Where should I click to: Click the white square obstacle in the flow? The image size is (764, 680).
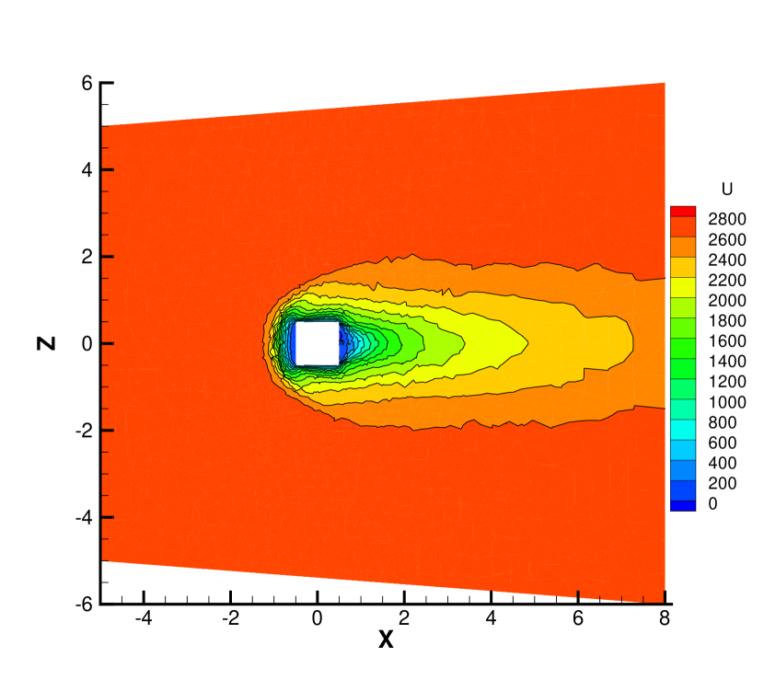(318, 343)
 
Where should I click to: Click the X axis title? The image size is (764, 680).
(386, 640)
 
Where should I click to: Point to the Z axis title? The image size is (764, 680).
(46, 343)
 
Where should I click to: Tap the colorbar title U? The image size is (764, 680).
(727, 189)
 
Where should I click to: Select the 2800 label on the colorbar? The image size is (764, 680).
(727, 219)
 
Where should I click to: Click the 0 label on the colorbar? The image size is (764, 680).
(712, 503)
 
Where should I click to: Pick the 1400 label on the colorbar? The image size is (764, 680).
(727, 362)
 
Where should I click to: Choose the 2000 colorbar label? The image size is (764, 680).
(727, 301)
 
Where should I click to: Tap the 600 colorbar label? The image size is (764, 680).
(722, 443)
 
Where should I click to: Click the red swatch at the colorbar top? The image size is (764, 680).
(683, 212)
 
